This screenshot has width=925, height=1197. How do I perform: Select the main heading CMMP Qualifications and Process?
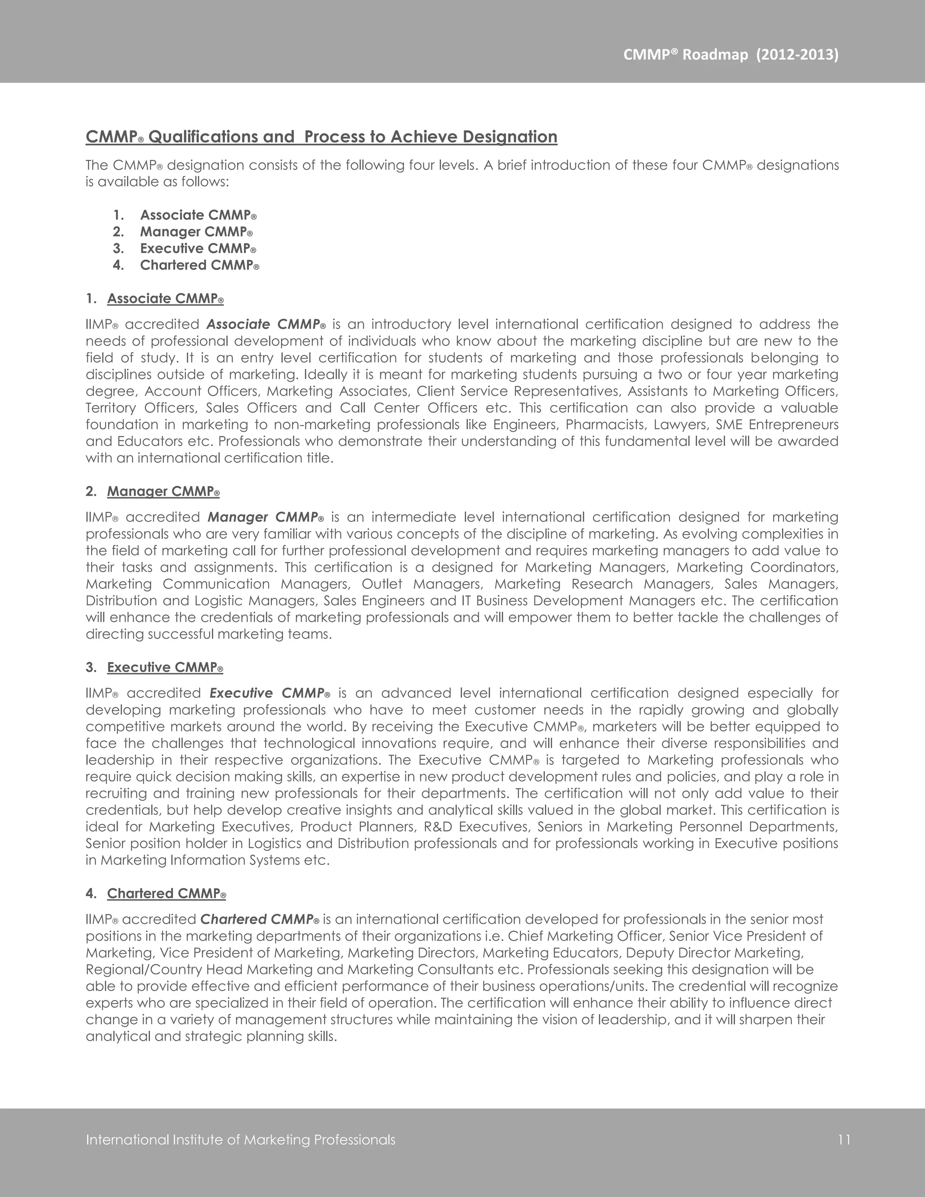[321, 136]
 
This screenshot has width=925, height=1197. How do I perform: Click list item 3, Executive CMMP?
[198, 248]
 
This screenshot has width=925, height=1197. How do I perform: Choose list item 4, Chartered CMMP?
[200, 265]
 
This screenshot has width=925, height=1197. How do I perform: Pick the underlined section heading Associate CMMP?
[165, 299]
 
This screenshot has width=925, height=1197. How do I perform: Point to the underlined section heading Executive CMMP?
[165, 668]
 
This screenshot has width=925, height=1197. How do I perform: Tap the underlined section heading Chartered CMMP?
[166, 894]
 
